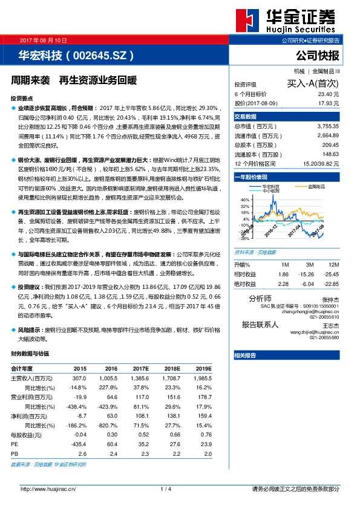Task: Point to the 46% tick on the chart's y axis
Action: [x=246, y=199]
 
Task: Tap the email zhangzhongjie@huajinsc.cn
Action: [x=309, y=311]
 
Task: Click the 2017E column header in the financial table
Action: [x=141, y=368]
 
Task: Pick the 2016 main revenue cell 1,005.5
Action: [x=109, y=377]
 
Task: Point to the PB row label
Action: [x=15, y=453]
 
